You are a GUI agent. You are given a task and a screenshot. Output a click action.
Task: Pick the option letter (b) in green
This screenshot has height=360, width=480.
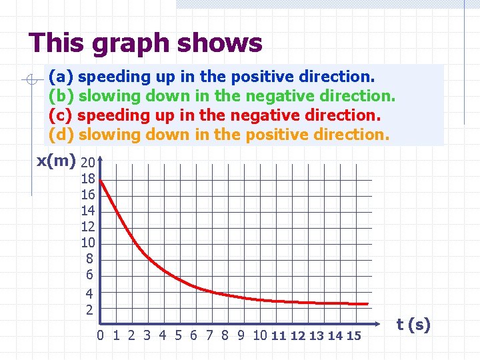point(61,96)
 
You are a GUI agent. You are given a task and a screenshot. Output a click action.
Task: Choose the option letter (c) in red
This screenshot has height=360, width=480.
point(61,115)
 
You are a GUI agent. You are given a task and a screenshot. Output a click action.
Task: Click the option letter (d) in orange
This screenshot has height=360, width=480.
point(61,134)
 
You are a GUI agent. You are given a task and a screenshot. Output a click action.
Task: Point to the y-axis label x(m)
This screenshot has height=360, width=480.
point(55,161)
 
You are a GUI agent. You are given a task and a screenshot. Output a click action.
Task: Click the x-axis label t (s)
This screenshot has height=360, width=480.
point(413,325)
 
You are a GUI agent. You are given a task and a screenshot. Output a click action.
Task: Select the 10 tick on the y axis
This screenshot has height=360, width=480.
point(87,243)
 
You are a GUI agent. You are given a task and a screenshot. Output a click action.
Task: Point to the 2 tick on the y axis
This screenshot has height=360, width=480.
point(89,310)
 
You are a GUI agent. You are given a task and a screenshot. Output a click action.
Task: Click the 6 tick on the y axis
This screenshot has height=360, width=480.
point(89,275)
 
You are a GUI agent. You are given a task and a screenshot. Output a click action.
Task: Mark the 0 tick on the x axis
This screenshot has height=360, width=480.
point(100,335)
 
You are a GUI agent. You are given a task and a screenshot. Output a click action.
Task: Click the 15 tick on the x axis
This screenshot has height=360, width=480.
point(353,335)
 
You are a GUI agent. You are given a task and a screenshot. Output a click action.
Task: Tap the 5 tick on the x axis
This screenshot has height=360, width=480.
point(179,335)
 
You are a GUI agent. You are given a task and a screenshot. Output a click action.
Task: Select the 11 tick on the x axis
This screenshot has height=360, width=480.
point(279,335)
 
